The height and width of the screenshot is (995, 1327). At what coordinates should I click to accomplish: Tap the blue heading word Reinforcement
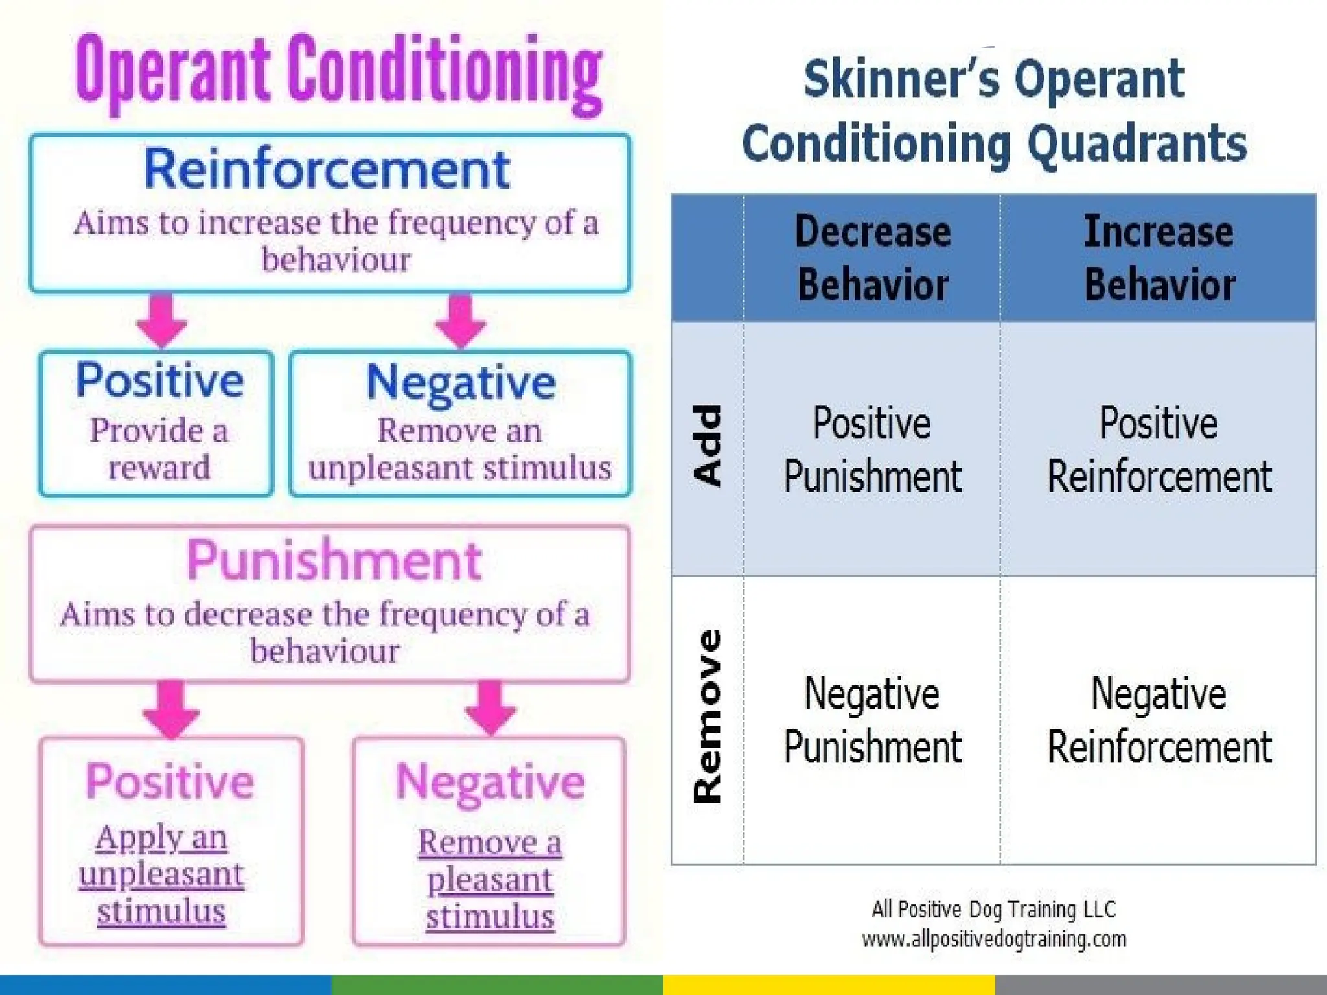pos(327,168)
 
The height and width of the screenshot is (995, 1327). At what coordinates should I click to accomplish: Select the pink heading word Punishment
pos(334,560)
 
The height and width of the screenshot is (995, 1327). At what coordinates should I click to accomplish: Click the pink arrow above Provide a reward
pos(161,320)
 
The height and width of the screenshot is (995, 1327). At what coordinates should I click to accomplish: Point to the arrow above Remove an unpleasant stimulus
pos(460,320)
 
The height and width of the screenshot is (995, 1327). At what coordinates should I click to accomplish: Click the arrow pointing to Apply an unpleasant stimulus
pos(170,709)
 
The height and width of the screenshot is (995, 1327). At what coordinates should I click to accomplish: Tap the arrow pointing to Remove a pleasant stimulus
pos(490,707)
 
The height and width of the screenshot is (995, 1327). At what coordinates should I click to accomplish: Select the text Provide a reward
pos(159,448)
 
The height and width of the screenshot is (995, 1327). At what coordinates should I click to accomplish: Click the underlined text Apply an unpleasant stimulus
pos(161,875)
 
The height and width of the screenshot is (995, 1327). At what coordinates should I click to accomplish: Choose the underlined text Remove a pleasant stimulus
pos(490,879)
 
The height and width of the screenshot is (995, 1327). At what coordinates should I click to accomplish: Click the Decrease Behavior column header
pos(872,258)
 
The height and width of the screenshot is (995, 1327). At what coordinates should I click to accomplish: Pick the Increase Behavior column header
pos(1159,258)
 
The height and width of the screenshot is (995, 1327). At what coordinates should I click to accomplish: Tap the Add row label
pos(708,446)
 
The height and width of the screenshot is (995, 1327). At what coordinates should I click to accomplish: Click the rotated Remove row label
pos(708,716)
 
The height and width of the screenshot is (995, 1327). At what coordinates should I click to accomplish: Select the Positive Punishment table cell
pos(872,449)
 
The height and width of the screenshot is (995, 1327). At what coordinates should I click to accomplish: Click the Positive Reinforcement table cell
pos(1159,449)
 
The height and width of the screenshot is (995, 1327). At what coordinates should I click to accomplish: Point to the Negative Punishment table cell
pos(872,720)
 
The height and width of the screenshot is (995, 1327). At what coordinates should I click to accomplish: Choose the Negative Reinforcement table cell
pos(1159,720)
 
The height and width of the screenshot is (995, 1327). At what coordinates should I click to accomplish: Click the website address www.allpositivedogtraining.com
pos(994,939)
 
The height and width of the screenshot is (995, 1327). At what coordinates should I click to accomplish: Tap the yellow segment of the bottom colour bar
pos(829,985)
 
